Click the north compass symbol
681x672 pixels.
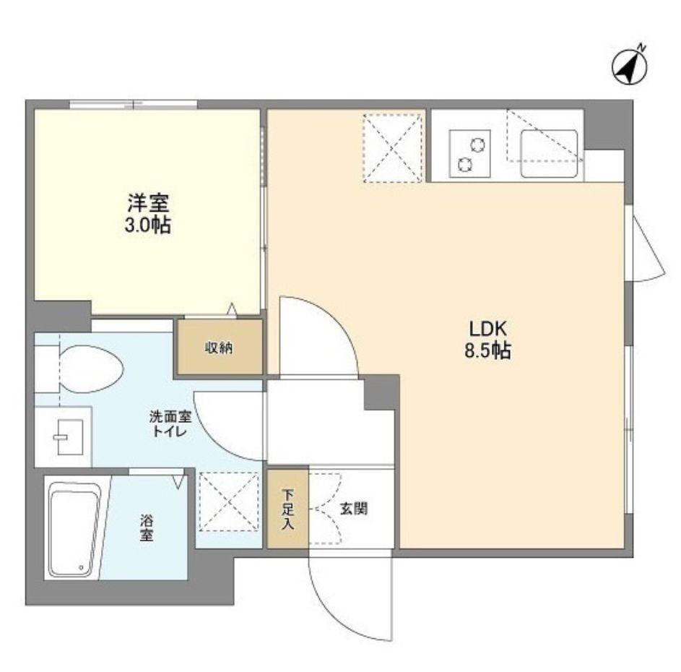pyautogui.click(x=629, y=66)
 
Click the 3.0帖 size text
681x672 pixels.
pyautogui.click(x=147, y=225)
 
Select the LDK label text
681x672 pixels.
pyautogui.click(x=487, y=329)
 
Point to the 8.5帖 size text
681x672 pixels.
pyautogui.click(x=487, y=350)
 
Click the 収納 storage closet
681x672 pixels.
pyautogui.click(x=220, y=347)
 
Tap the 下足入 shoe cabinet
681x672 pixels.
pyautogui.click(x=287, y=509)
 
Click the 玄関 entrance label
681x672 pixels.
pyautogui.click(x=353, y=508)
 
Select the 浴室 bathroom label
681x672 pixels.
pyautogui.click(x=147, y=527)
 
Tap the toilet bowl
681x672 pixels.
pyautogui.click(x=90, y=369)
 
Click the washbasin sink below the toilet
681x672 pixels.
pyautogui.click(x=69, y=437)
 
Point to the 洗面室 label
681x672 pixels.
pyautogui.click(x=170, y=417)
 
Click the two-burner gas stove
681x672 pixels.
pyautogui.click(x=470, y=153)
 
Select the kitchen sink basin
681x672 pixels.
pyautogui.click(x=549, y=153)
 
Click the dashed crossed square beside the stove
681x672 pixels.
pyautogui.click(x=393, y=148)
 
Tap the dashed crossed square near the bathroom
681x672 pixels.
pyautogui.click(x=229, y=501)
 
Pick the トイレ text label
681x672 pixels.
pyautogui.click(x=170, y=431)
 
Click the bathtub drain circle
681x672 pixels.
pyautogui.click(x=81, y=567)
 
